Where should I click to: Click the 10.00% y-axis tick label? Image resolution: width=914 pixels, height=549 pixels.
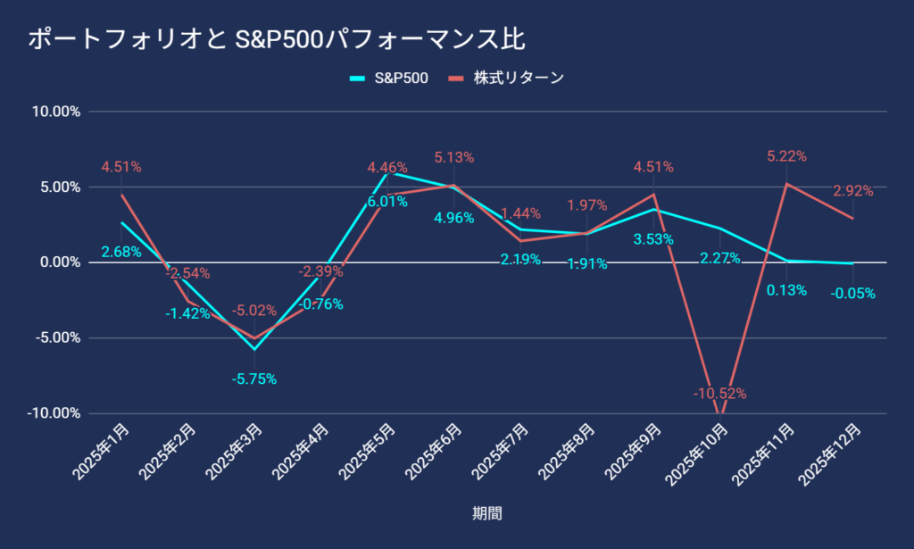(56, 112)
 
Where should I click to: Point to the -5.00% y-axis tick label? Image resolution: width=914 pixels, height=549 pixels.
(56, 337)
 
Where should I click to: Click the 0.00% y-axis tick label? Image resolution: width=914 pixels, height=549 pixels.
(59, 262)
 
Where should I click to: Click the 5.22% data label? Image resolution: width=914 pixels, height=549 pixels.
(786, 156)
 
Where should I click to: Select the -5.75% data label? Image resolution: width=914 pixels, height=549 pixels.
(254, 378)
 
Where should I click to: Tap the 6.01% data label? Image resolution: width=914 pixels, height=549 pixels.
(387, 202)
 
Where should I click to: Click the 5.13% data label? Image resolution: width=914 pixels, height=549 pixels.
(453, 157)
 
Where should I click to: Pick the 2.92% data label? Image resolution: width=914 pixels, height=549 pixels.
(852, 190)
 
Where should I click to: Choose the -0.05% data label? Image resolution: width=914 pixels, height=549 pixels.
(852, 293)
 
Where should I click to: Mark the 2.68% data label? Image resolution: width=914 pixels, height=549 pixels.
(121, 252)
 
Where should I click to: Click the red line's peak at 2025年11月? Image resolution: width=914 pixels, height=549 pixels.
(786, 184)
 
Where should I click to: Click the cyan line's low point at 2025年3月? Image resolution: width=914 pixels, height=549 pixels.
(254, 349)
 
